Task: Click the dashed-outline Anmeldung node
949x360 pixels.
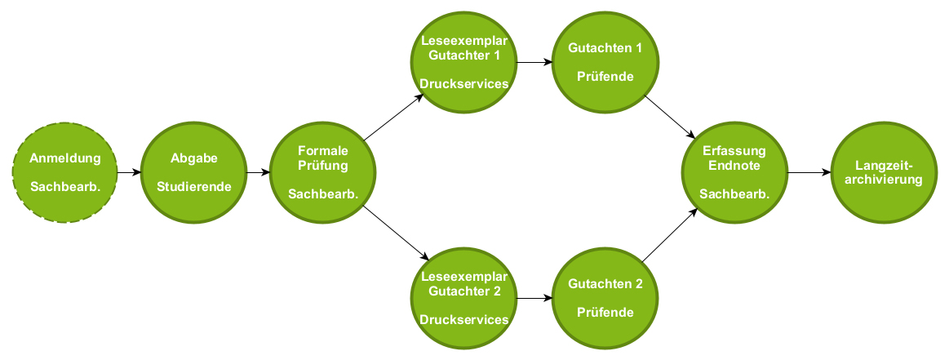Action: [x=65, y=172]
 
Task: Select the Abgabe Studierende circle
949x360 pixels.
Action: [x=194, y=172]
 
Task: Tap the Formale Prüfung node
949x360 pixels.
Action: [x=323, y=172]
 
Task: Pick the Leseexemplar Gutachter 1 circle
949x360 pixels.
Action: [x=463, y=62]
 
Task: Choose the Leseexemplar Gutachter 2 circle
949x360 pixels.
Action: [x=463, y=298]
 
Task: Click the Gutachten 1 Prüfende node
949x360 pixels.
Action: [x=605, y=62]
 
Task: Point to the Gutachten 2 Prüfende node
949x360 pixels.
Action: [x=605, y=298]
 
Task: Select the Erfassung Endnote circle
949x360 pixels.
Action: [x=734, y=172]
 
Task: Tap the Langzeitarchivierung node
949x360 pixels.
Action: [x=884, y=172]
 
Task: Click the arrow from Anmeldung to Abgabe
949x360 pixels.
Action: [x=130, y=173]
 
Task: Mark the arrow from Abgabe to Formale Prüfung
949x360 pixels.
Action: [x=259, y=173]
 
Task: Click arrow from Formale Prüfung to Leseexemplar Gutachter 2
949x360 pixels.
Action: [x=393, y=233]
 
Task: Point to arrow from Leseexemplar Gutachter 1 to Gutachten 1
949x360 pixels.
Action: [x=534, y=62]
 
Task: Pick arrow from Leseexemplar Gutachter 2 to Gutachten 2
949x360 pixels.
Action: [x=534, y=298]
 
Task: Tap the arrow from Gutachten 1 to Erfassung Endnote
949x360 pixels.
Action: [x=671, y=116]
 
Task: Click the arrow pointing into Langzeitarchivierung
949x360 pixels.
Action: [x=809, y=173]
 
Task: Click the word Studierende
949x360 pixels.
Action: [x=194, y=186]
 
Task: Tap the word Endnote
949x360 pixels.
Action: [x=734, y=165]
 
